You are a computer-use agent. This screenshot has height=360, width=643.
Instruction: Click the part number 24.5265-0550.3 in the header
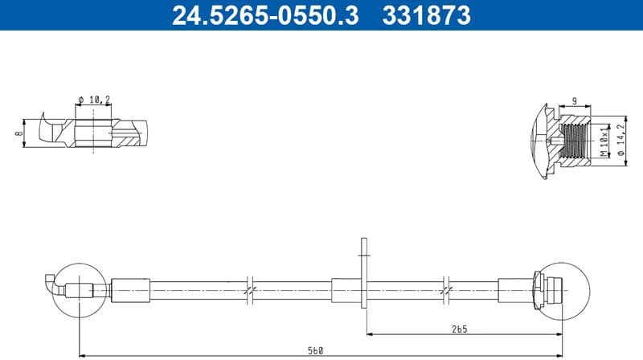[x=264, y=14]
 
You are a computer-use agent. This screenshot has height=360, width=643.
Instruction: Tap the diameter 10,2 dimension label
[x=94, y=100]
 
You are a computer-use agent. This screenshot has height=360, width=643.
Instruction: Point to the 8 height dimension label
[x=18, y=133]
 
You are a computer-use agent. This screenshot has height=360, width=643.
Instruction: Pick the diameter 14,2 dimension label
[x=620, y=140]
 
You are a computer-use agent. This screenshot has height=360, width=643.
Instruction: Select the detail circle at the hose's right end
[x=560, y=288]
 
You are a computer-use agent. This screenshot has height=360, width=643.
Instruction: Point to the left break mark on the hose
[x=252, y=288]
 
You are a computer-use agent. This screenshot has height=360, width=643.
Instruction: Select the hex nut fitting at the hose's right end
[x=539, y=288]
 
